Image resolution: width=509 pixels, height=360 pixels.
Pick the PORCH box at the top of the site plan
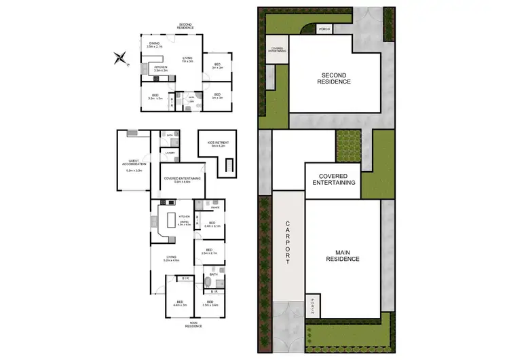click(324, 29)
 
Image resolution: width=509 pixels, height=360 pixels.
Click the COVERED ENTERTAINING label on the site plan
click(333, 179)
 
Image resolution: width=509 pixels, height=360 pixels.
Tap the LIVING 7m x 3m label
click(187, 60)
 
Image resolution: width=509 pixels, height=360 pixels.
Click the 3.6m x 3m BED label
click(156, 97)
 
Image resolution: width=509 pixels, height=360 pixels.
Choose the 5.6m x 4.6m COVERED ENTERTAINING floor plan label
click(183, 180)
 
